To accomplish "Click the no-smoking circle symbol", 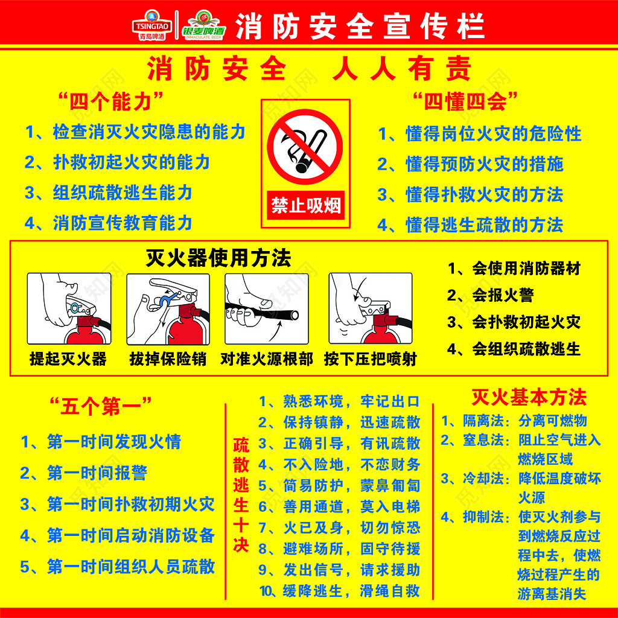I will pyautogui.click(x=305, y=147).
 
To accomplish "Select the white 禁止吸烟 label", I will pyautogui.click(x=305, y=206).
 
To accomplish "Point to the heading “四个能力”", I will pyautogui.click(x=110, y=101).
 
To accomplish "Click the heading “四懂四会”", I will pyautogui.click(x=465, y=101).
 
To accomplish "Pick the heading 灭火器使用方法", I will pyautogui.click(x=218, y=258).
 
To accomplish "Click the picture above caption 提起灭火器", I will pyautogui.click(x=69, y=308).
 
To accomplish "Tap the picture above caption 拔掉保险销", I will pyautogui.click(x=168, y=308).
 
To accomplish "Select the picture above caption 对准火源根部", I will pyautogui.click(x=267, y=308).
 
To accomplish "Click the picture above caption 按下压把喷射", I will pyautogui.click(x=370, y=308).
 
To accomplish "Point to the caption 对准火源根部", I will pyautogui.click(x=267, y=359).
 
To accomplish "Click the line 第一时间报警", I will pyautogui.click(x=84, y=473).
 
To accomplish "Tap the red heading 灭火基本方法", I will pyautogui.click(x=529, y=397).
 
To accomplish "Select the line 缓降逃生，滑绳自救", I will pyautogui.click(x=339, y=591).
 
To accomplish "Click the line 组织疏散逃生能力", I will pyautogui.click(x=109, y=193).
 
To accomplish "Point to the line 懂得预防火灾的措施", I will pyautogui.click(x=470, y=164).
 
